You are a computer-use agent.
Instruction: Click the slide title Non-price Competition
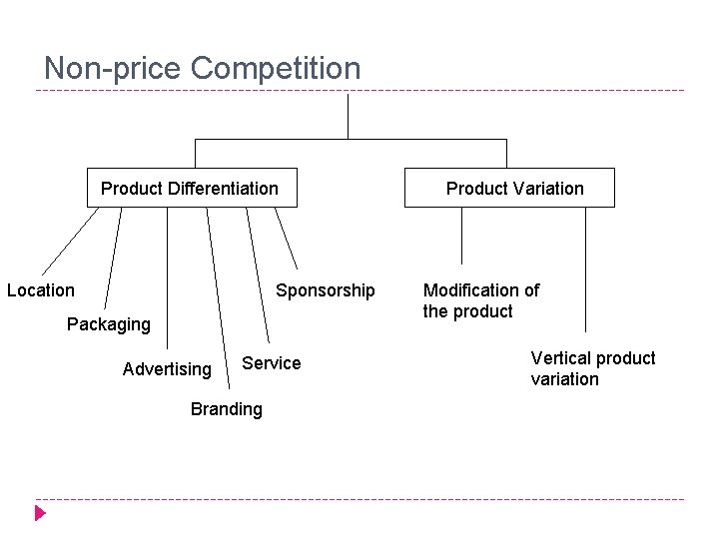(203, 69)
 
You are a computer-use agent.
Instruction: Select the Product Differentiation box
(191, 188)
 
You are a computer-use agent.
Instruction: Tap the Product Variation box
(509, 188)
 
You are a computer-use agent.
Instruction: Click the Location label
(41, 290)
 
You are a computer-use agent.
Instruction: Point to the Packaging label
(109, 324)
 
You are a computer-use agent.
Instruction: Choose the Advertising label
(167, 369)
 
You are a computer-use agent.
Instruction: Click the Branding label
(227, 409)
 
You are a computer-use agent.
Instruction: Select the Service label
(272, 363)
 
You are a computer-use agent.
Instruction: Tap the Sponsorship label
(326, 290)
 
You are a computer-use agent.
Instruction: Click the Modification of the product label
(480, 300)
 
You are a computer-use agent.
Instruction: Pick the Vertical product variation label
(593, 368)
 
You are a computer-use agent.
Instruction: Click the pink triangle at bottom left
(40, 514)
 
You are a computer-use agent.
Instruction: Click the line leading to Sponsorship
(286, 240)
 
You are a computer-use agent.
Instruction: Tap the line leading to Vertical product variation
(585, 269)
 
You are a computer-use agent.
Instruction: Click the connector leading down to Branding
(214, 299)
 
